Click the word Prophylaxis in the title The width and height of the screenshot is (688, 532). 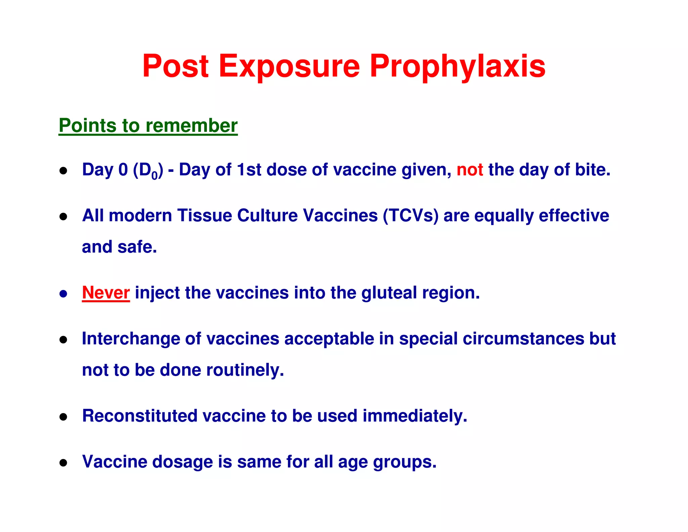(458, 66)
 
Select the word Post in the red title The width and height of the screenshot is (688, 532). (175, 66)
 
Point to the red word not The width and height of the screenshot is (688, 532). (470, 170)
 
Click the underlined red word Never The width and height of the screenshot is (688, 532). (106, 293)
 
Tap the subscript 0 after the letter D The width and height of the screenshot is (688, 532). (154, 176)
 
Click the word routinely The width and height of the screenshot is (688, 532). (245, 370)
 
